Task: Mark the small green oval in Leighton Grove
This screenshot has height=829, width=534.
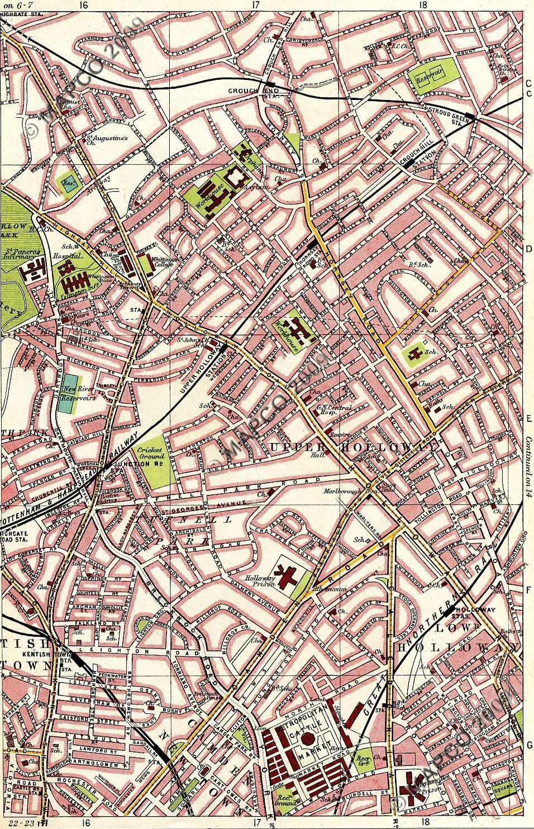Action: click(x=146, y=626)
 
